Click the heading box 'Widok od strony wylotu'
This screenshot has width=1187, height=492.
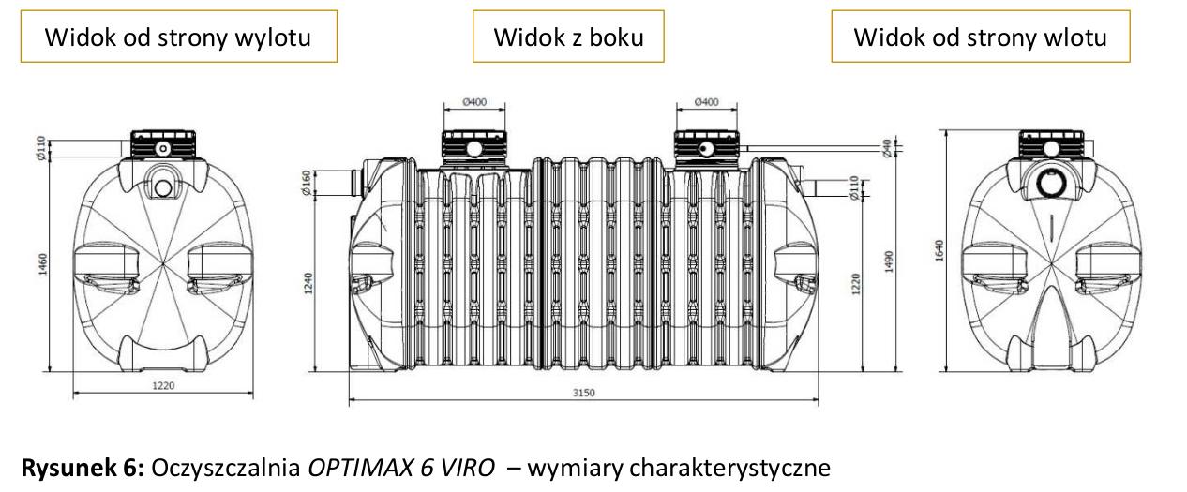coord(178,37)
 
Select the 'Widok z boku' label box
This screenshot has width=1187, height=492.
coord(569,37)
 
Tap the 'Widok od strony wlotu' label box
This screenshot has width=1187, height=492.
coord(980,37)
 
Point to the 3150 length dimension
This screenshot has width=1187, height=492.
coord(583,393)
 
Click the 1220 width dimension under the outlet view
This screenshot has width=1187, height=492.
coord(163,384)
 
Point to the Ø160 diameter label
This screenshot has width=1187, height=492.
coord(306,183)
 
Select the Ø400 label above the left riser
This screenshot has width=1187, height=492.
coord(474,102)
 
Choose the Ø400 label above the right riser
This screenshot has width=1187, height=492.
coord(707,101)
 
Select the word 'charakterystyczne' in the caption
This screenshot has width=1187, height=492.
coord(735,466)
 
